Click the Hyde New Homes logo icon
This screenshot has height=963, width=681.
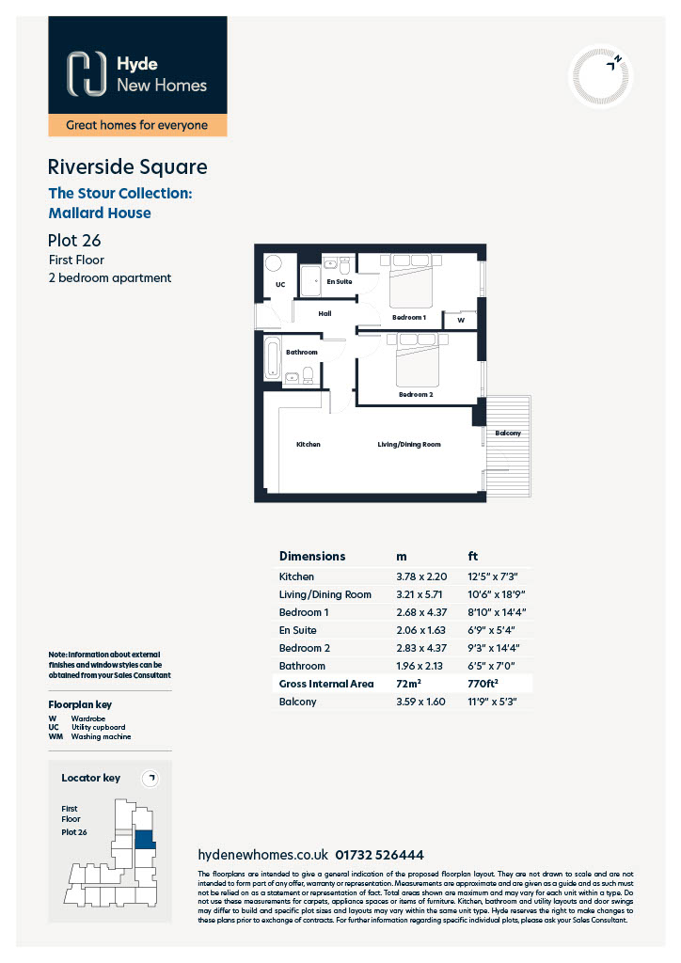click(86, 73)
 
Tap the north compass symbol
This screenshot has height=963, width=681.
click(600, 76)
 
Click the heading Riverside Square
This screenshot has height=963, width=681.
click(128, 167)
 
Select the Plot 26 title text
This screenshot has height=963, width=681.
click(74, 240)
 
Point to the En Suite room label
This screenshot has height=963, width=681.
click(339, 282)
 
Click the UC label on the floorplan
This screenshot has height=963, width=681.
click(280, 284)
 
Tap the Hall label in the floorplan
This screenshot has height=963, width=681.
click(325, 314)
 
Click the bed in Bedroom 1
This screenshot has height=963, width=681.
click(411, 280)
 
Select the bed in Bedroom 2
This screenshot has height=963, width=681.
click(418, 359)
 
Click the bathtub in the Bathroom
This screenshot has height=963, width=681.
click(273, 357)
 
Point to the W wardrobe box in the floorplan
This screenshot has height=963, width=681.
click(461, 320)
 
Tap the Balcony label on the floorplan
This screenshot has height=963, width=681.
click(508, 433)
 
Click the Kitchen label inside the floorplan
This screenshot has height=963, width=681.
click(309, 444)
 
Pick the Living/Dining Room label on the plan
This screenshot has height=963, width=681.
click(409, 444)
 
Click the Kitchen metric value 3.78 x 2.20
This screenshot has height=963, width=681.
click(422, 576)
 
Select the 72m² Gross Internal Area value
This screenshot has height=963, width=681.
click(409, 683)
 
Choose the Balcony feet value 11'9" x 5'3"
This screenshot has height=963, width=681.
click(493, 702)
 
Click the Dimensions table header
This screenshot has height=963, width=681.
click(312, 557)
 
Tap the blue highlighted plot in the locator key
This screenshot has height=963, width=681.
click(145, 840)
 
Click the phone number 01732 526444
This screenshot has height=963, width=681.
click(379, 855)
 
